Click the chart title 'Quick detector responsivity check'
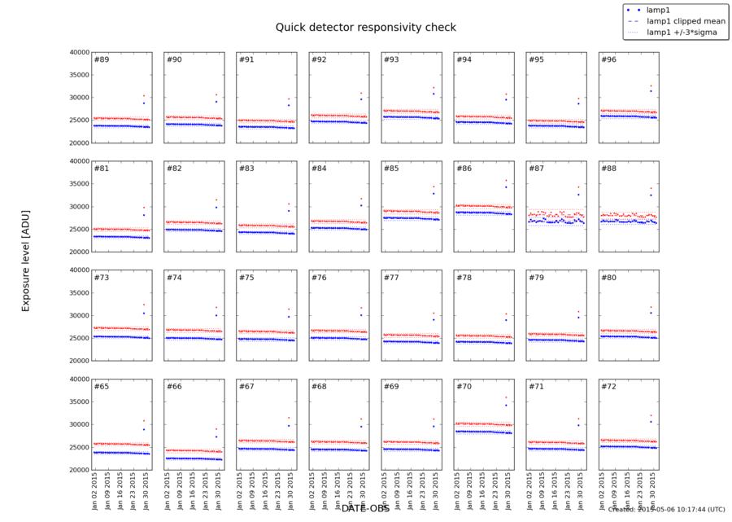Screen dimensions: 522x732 click(365, 27)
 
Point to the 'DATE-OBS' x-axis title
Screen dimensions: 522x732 click(365, 507)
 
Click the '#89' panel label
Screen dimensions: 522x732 click(102, 60)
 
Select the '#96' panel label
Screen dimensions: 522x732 click(608, 60)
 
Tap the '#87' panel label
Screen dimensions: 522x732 click(535, 169)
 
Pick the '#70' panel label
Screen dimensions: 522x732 click(463, 386)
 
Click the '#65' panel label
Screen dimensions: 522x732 click(102, 386)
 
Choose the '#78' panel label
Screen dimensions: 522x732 click(463, 278)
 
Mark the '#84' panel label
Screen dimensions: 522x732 click(318, 169)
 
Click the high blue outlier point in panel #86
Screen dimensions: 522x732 click(506, 187)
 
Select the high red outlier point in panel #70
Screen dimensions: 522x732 click(506, 397)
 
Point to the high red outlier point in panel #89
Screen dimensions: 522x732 click(144, 95)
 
